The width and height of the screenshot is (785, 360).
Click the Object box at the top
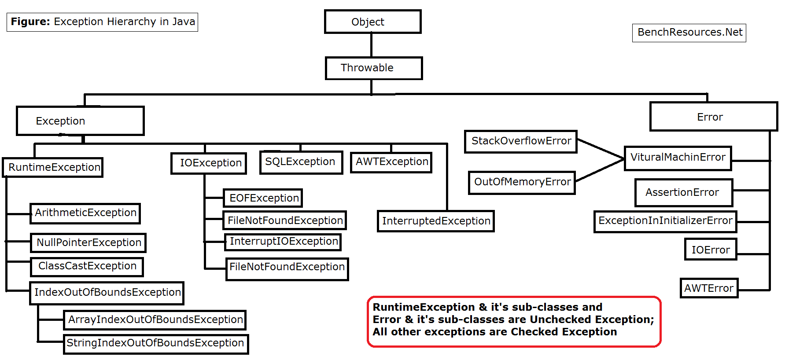tap(372, 22)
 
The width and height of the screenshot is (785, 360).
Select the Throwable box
tap(373, 68)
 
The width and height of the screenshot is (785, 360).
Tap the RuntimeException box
tap(53, 167)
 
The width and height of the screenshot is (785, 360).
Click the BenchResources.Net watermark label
tap(689, 33)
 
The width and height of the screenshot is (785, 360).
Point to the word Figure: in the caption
tap(30, 22)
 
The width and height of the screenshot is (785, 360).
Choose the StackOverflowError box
tap(521, 141)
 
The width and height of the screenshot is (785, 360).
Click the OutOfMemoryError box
tap(522, 182)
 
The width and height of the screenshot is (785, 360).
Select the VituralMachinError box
tap(678, 158)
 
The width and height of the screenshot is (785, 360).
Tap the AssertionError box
tap(683, 192)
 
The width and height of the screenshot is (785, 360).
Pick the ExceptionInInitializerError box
tap(665, 221)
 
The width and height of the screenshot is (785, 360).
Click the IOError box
tap(710, 250)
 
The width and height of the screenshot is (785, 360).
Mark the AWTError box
tap(708, 288)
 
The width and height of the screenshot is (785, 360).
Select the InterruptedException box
tap(436, 221)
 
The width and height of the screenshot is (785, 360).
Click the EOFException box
tap(263, 198)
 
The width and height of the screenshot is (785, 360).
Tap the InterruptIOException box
tap(284, 242)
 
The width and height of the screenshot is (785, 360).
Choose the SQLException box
tap(301, 162)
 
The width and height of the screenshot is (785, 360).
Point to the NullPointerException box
tap(88, 242)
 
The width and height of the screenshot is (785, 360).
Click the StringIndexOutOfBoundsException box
tap(155, 343)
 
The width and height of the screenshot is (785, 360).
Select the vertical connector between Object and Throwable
tap(372, 45)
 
